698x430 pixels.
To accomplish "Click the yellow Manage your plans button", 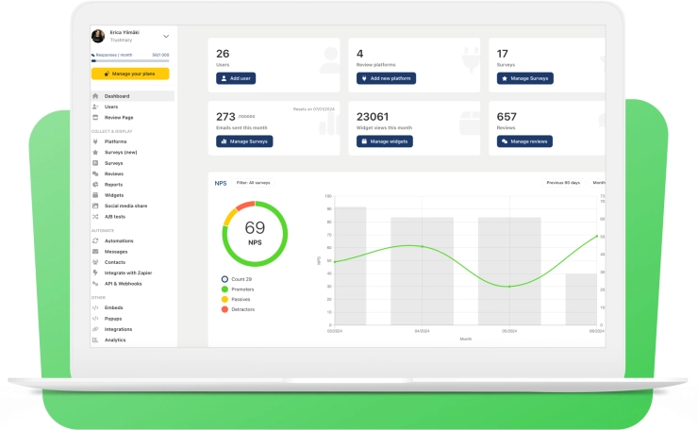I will [x=130, y=74].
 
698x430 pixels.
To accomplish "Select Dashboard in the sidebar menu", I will [x=117, y=96].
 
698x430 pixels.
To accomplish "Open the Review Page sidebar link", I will [x=119, y=117].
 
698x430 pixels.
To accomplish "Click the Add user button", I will [x=236, y=78].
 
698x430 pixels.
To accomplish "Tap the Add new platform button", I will [x=386, y=78].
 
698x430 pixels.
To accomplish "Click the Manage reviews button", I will [x=524, y=141].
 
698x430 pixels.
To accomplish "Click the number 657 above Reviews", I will [x=507, y=116].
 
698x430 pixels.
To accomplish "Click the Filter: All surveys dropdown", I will [x=254, y=182].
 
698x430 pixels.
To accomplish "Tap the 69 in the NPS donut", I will [x=255, y=227].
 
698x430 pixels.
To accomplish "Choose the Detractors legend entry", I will [x=242, y=309].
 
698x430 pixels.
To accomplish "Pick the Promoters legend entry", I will [x=242, y=289].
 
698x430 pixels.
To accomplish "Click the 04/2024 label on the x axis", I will [x=422, y=331].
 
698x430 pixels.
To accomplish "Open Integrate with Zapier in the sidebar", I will [x=127, y=273].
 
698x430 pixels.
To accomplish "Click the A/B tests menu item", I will [x=114, y=216].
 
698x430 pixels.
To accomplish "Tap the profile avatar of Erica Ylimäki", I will [x=98, y=36].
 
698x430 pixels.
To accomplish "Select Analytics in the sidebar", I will [x=115, y=339].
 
